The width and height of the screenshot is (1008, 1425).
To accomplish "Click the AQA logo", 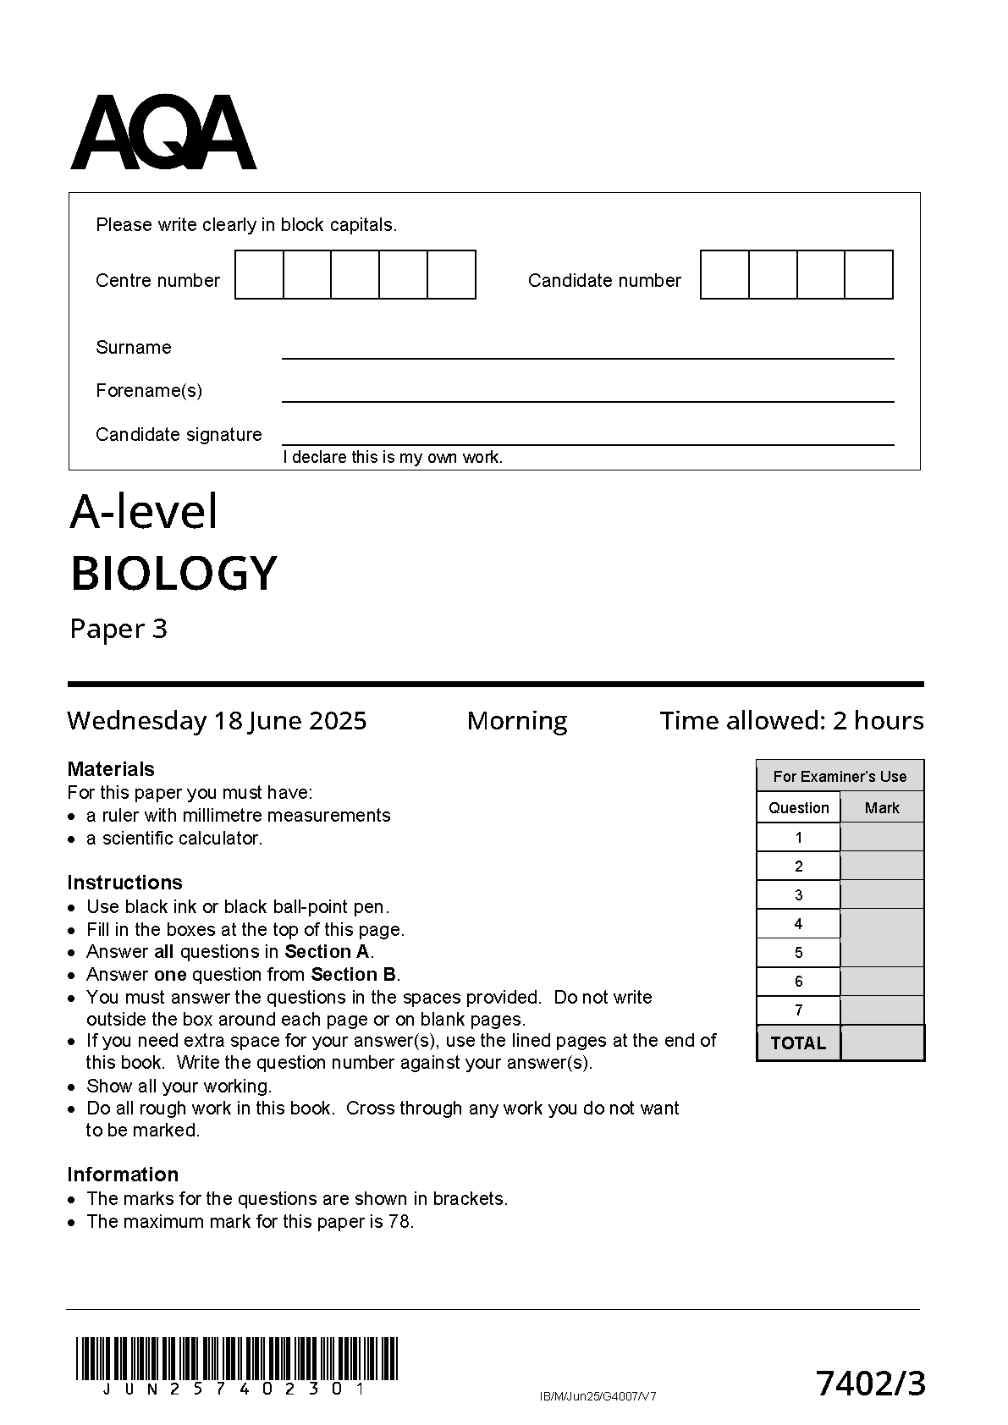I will coord(162,133).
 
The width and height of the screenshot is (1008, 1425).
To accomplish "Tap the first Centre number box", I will coord(259,275).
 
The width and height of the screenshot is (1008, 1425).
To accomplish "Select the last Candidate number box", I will coord(869,275).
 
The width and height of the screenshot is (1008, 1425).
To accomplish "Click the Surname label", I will coord(133,348).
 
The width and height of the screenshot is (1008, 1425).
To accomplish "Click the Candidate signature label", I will coord(179,435).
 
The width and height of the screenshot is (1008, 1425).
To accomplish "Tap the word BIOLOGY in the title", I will coord(174,573).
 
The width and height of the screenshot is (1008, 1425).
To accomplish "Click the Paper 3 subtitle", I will coord(118,629).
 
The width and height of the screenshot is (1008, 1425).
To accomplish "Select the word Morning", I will coord(517,721).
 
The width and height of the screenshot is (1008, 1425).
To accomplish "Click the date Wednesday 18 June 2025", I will coord(217,721).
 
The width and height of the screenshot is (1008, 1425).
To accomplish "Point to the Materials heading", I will coord(111,769).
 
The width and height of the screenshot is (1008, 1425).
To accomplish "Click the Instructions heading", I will coord(124,883).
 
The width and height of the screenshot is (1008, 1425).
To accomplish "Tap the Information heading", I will coord(123,1175).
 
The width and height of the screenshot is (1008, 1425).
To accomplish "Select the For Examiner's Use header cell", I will coord(840,776).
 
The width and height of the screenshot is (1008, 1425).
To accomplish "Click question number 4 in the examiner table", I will coord(798,924).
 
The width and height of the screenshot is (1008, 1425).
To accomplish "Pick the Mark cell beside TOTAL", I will coord(882,1043).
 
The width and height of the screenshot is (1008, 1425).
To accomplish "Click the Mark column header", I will coord(882,808).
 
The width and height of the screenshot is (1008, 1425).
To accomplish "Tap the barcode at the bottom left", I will coord(236,1359).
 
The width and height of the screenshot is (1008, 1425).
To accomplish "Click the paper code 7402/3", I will coord(871,1384).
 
